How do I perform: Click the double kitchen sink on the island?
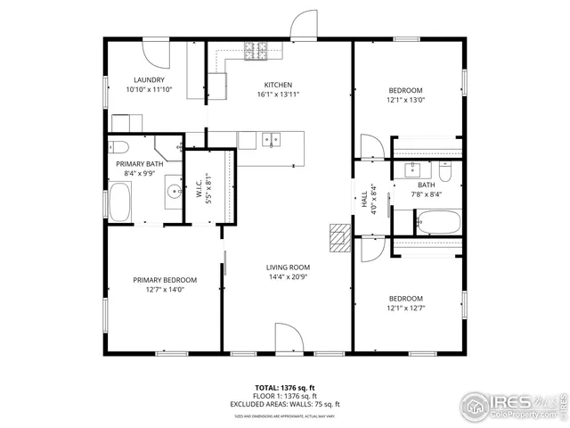tap(271, 139)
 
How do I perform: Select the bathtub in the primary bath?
tap(119, 201)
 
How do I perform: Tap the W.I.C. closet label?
tap(199, 189)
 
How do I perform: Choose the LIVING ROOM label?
tap(287, 267)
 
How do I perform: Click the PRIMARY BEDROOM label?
tap(165, 280)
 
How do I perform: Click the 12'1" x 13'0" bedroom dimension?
tap(405, 101)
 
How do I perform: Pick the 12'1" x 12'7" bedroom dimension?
tap(405, 309)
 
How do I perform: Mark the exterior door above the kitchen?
tap(305, 25)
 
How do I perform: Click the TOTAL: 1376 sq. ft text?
tap(285, 387)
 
